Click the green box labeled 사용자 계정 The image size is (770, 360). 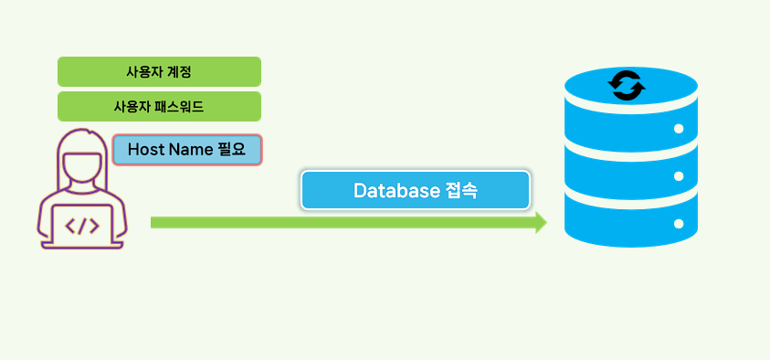(x=159, y=71)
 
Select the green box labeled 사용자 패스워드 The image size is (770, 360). (x=159, y=106)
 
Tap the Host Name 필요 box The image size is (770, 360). (x=187, y=149)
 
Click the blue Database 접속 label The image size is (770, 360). (x=415, y=190)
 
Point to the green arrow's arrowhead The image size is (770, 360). (x=540, y=222)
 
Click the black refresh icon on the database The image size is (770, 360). (x=628, y=85)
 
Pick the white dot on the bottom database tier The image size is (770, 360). (x=679, y=223)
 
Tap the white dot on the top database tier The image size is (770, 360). (x=679, y=129)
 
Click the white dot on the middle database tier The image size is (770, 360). (x=679, y=175)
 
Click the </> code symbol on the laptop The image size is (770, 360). (x=82, y=226)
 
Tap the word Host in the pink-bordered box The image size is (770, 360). (x=145, y=149)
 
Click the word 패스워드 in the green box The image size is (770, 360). (x=179, y=106)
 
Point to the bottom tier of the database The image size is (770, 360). (x=631, y=219)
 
